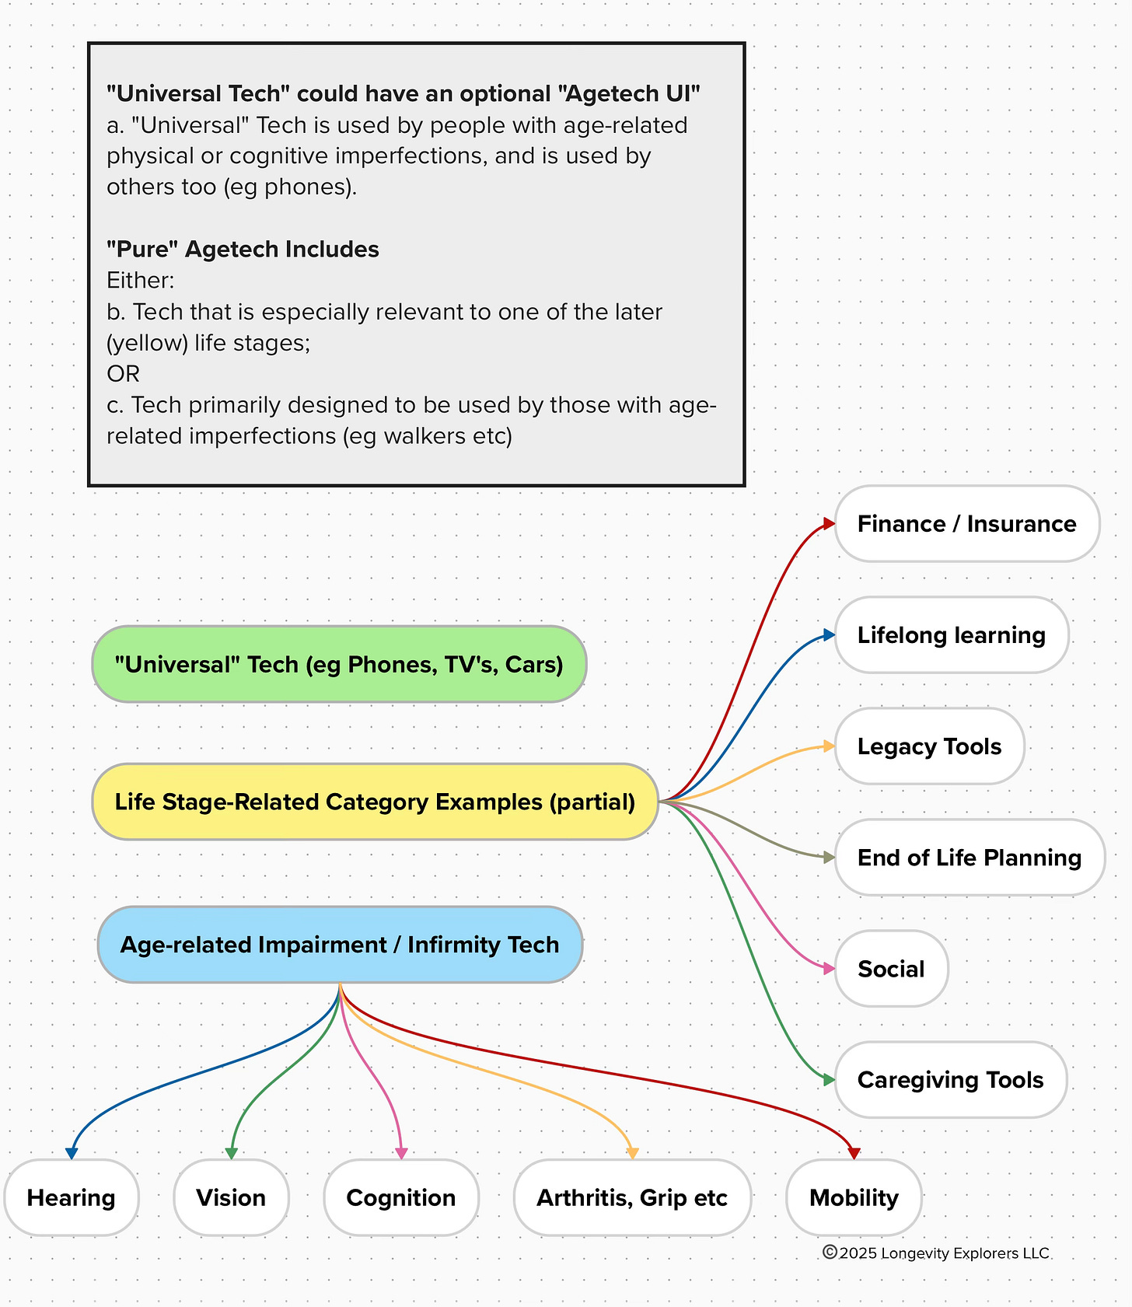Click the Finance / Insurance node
(x=966, y=524)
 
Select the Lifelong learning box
(x=951, y=635)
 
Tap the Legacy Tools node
(x=929, y=746)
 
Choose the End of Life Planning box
(x=969, y=858)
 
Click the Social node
(x=891, y=969)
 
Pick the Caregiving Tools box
(x=950, y=1080)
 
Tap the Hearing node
(x=71, y=1197)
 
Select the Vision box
(x=231, y=1197)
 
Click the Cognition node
(x=400, y=1197)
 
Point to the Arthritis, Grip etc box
(x=632, y=1197)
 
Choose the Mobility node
(x=854, y=1197)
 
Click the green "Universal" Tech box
(x=339, y=665)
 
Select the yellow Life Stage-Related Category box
(x=375, y=802)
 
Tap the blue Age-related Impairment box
(x=340, y=945)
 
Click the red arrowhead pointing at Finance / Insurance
(x=829, y=524)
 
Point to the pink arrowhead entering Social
(x=829, y=969)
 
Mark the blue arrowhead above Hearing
(x=72, y=1153)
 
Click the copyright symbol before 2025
(x=830, y=1253)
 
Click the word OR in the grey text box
(x=123, y=374)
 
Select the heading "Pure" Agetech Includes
(x=243, y=250)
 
